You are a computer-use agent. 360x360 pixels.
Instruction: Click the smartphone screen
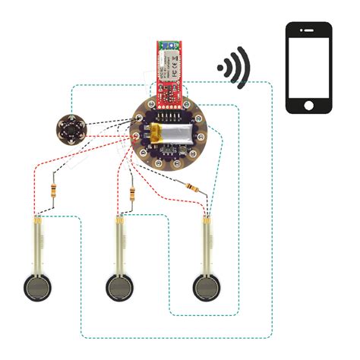[x=308, y=68]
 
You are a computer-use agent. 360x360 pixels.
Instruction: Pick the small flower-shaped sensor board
[x=69, y=128]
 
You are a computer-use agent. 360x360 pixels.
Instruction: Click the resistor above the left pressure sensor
[x=53, y=192]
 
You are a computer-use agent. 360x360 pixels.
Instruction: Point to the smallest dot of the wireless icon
[x=221, y=67]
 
